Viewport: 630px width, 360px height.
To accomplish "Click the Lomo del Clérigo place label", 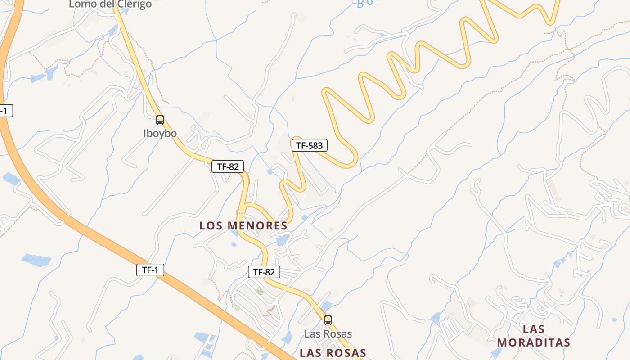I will (110, 4).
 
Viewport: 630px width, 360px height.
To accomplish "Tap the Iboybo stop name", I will (160, 133).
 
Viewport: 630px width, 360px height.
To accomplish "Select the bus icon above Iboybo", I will (160, 120).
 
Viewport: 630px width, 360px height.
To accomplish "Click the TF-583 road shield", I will (309, 145).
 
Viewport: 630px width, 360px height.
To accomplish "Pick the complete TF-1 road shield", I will (150, 270).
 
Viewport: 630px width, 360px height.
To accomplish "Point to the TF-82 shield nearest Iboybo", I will (228, 166).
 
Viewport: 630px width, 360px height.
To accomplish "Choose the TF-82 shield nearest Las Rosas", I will (264, 272).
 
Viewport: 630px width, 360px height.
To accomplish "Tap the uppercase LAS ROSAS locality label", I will (333, 353).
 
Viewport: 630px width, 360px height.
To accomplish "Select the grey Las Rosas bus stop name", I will (328, 334).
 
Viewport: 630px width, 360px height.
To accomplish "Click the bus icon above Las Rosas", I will (328, 320).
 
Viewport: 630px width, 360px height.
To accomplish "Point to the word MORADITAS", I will (534, 342).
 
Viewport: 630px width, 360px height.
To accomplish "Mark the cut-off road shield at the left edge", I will (5, 111).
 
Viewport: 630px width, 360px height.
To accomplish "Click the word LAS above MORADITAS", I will (534, 329).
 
